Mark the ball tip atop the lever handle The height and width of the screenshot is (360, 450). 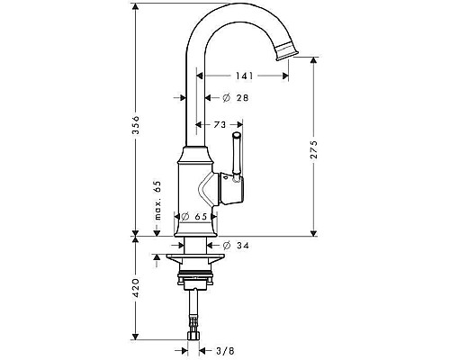tap(238, 135)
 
